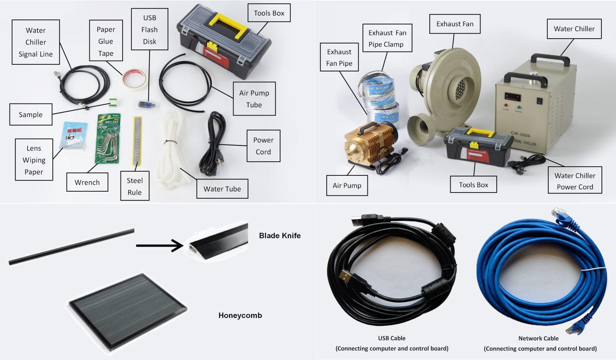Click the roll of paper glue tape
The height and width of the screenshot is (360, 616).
click(134, 79)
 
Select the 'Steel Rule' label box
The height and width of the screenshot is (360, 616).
click(135, 186)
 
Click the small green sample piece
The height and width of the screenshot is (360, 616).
click(113, 102)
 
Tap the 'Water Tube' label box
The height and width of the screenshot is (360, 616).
click(222, 189)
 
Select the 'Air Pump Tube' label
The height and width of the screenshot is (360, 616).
click(254, 99)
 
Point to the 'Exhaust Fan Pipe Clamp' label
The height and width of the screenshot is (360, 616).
click(387, 38)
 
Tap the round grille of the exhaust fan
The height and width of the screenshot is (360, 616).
click(460, 89)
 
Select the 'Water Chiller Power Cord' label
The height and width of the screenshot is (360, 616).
click(575, 181)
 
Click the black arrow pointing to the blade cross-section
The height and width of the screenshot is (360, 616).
click(160, 245)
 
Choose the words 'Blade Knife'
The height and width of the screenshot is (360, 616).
click(280, 236)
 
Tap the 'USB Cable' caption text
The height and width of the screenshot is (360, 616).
click(392, 338)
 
